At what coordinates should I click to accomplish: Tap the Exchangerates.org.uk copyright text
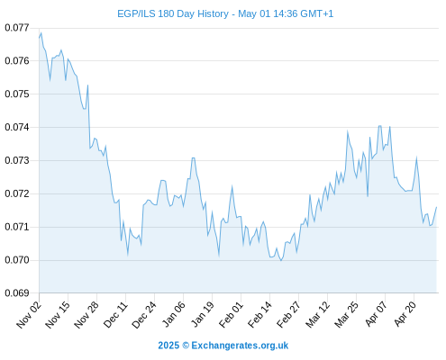click(x=223, y=346)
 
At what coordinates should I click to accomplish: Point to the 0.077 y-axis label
click(x=17, y=28)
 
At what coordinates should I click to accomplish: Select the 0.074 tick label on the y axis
click(x=17, y=127)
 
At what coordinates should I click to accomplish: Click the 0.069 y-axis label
click(x=17, y=292)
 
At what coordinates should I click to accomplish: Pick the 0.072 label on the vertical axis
click(x=17, y=193)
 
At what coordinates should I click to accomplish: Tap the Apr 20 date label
click(x=405, y=314)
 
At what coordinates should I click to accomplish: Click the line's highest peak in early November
click(x=41, y=32)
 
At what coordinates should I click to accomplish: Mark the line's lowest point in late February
click(x=281, y=261)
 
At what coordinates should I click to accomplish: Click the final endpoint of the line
click(x=436, y=207)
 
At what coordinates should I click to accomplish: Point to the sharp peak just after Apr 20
click(x=416, y=157)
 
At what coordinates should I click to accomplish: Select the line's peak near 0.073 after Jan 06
click(x=194, y=157)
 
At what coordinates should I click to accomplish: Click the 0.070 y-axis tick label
click(x=17, y=260)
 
